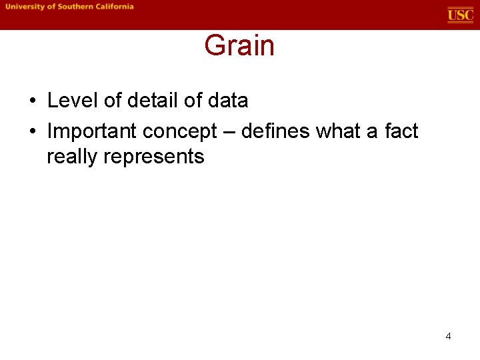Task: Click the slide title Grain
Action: coord(239,46)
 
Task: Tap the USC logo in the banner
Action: coord(460,15)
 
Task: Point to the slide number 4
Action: coord(448,336)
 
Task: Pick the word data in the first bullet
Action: coord(227,101)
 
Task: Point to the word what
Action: coord(337,131)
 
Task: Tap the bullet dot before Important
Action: coord(33,132)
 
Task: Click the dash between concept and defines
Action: coord(229,132)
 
